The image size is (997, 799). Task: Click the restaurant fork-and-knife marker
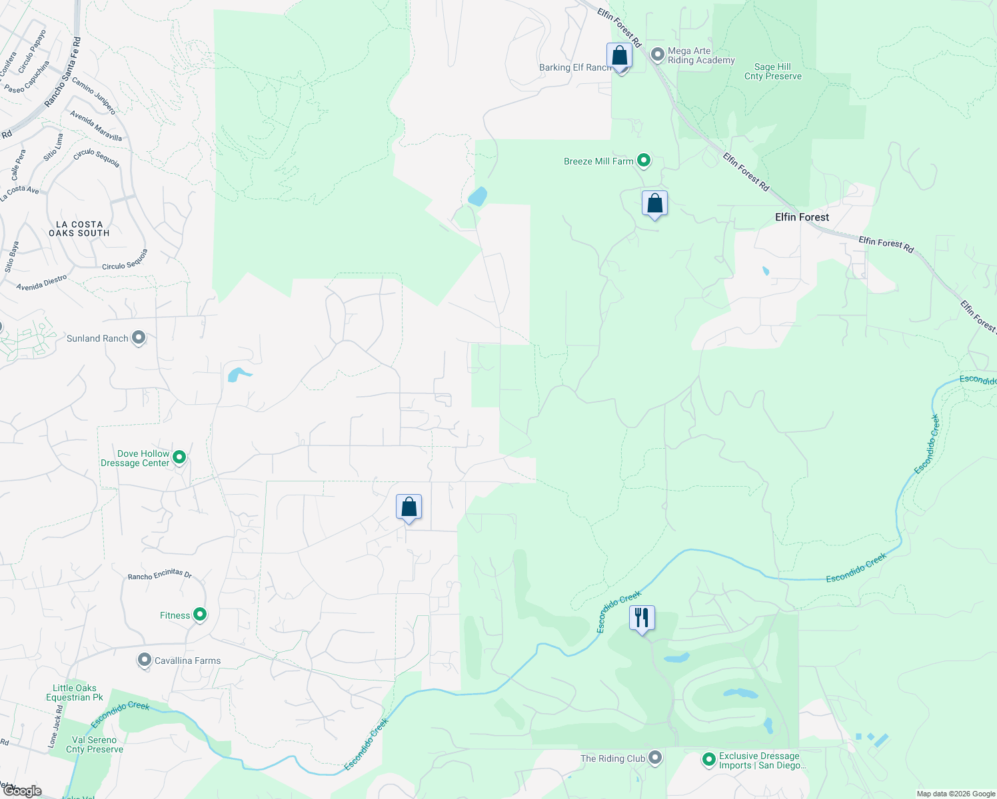pos(642,618)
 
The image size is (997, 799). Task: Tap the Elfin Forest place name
pos(802,217)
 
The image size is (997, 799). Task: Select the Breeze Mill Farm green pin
pos(643,160)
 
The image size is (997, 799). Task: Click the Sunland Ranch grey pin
pos(139,338)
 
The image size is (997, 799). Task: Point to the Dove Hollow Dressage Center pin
pos(179,457)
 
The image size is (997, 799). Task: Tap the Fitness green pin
pos(199,615)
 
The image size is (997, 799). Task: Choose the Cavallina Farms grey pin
pos(145,661)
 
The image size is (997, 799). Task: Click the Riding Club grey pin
pos(655,758)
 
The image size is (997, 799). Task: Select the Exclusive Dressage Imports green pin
pos(708,759)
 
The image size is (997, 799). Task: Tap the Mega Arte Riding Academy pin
pos(658,55)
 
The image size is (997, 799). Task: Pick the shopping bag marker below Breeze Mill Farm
pos(654,203)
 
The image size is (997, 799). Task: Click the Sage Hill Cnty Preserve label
pos(772,71)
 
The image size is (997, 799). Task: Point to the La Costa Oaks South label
pos(79,229)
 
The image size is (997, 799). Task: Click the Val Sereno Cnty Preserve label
pos(94,744)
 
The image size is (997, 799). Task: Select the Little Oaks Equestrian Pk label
pos(75,692)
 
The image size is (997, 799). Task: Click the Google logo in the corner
pos(22,791)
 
